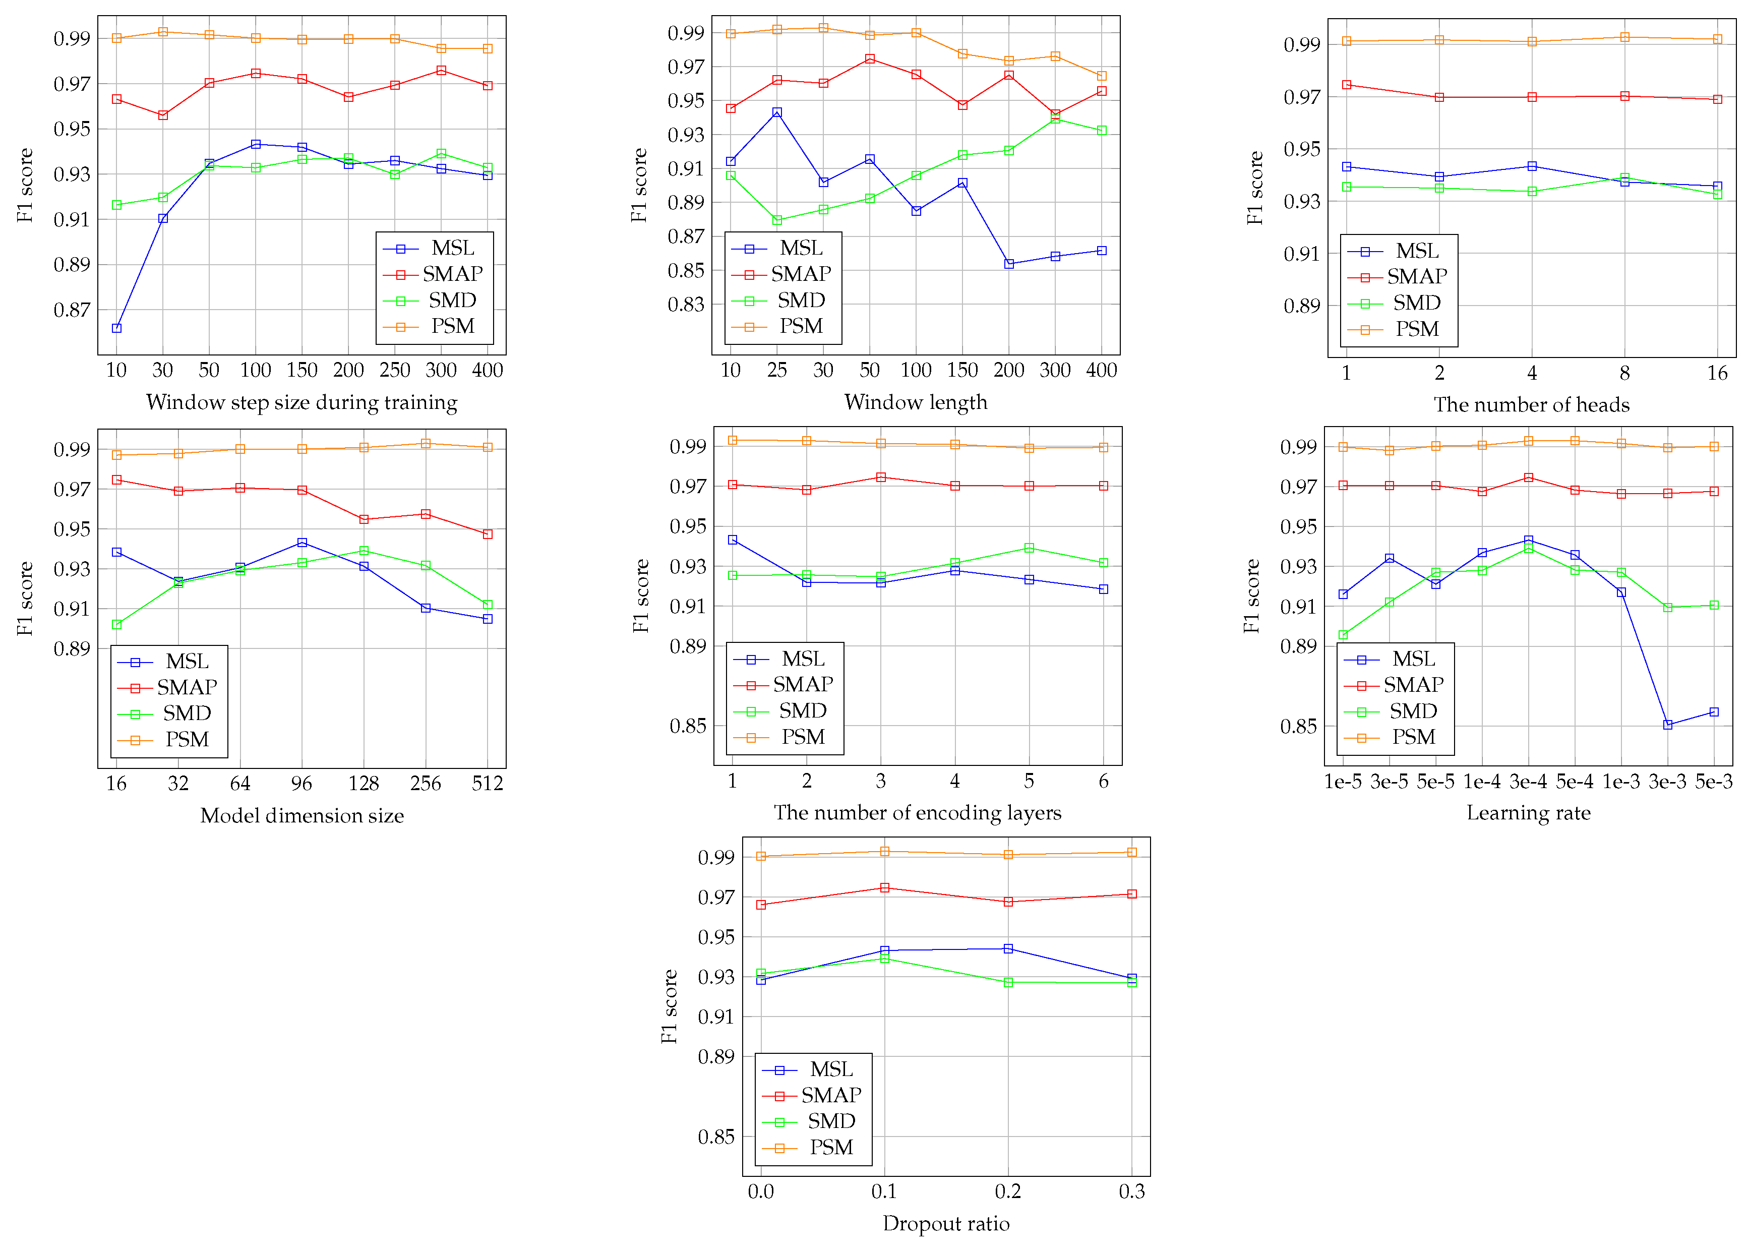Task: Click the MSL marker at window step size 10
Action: [x=116, y=328]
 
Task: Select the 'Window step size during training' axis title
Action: [x=301, y=402]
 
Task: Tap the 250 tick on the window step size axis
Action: [x=394, y=370]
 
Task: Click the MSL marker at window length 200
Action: [x=1009, y=264]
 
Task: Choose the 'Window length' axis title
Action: [x=916, y=402]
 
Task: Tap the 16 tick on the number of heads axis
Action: [x=1717, y=373]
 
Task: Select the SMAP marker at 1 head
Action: [x=1347, y=85]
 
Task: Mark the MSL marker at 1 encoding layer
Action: [x=732, y=540]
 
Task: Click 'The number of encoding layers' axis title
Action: [x=917, y=813]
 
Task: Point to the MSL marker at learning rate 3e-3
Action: [x=1667, y=725]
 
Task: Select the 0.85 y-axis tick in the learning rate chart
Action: [x=1299, y=727]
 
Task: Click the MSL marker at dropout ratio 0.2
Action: [x=1008, y=948]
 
